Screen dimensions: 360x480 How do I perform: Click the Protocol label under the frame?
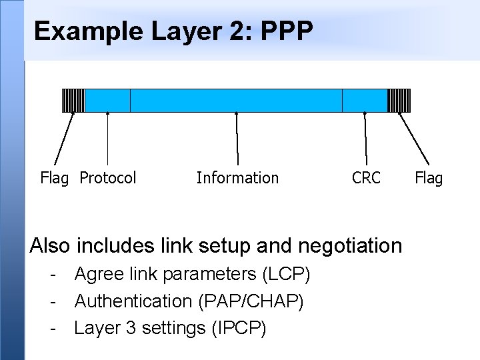pos(108,178)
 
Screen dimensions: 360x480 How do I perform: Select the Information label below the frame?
pos(237,178)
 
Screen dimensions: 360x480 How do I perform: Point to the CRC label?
pos(366,178)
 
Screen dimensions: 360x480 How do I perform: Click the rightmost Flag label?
pos(429,178)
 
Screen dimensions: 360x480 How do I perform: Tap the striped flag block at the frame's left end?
pos(73,100)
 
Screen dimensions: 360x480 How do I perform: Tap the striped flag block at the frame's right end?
pos(399,100)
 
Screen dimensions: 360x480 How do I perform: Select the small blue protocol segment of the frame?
pos(107,100)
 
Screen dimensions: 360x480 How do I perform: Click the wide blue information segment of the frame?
pos(236,100)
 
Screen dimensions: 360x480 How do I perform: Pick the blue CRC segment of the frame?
pos(364,100)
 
